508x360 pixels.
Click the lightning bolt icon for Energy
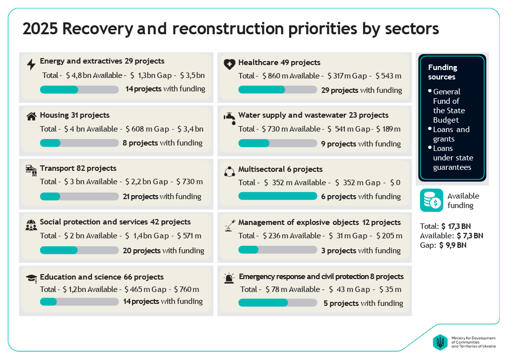tap(31, 65)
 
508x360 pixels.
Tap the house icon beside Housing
tap(31, 117)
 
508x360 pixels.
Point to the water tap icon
tap(229, 117)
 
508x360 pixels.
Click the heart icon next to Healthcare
tap(229, 64)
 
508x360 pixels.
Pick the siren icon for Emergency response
tap(229, 278)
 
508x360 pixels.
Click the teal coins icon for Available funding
tap(431, 201)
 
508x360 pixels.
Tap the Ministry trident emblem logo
tap(440, 342)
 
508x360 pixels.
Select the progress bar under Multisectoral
tap(277, 196)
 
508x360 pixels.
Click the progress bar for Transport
tap(79, 197)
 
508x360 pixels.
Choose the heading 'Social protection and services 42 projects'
tap(115, 222)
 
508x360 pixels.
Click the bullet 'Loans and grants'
tap(451, 134)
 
